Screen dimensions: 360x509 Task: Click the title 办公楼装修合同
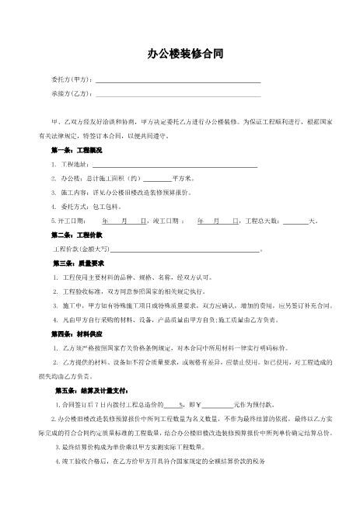[x=179, y=54]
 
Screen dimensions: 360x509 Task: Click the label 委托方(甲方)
[x=72, y=81]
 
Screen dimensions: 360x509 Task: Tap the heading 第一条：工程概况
[x=76, y=149]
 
